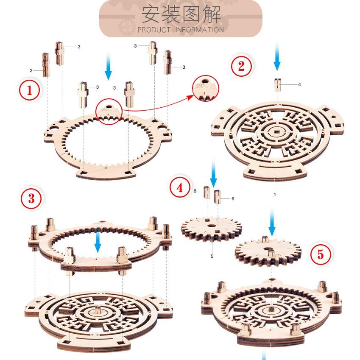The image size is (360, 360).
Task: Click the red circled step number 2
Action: (x=241, y=66)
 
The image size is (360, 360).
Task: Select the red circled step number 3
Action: (x=32, y=198)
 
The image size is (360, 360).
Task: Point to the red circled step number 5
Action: (x=320, y=254)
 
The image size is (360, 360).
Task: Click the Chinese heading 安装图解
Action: (x=181, y=14)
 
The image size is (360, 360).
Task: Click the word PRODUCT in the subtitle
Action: (x=154, y=30)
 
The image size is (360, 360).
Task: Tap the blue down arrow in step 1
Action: (x=108, y=66)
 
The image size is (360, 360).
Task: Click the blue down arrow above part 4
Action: (x=277, y=57)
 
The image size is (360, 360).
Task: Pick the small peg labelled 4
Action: (x=277, y=84)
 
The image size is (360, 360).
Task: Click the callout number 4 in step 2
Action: (x=299, y=85)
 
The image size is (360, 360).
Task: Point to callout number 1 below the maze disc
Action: (x=275, y=195)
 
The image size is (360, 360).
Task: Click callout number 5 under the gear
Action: (x=212, y=256)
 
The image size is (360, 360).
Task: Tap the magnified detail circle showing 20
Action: (x=205, y=89)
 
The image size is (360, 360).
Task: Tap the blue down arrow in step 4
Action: (x=213, y=177)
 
